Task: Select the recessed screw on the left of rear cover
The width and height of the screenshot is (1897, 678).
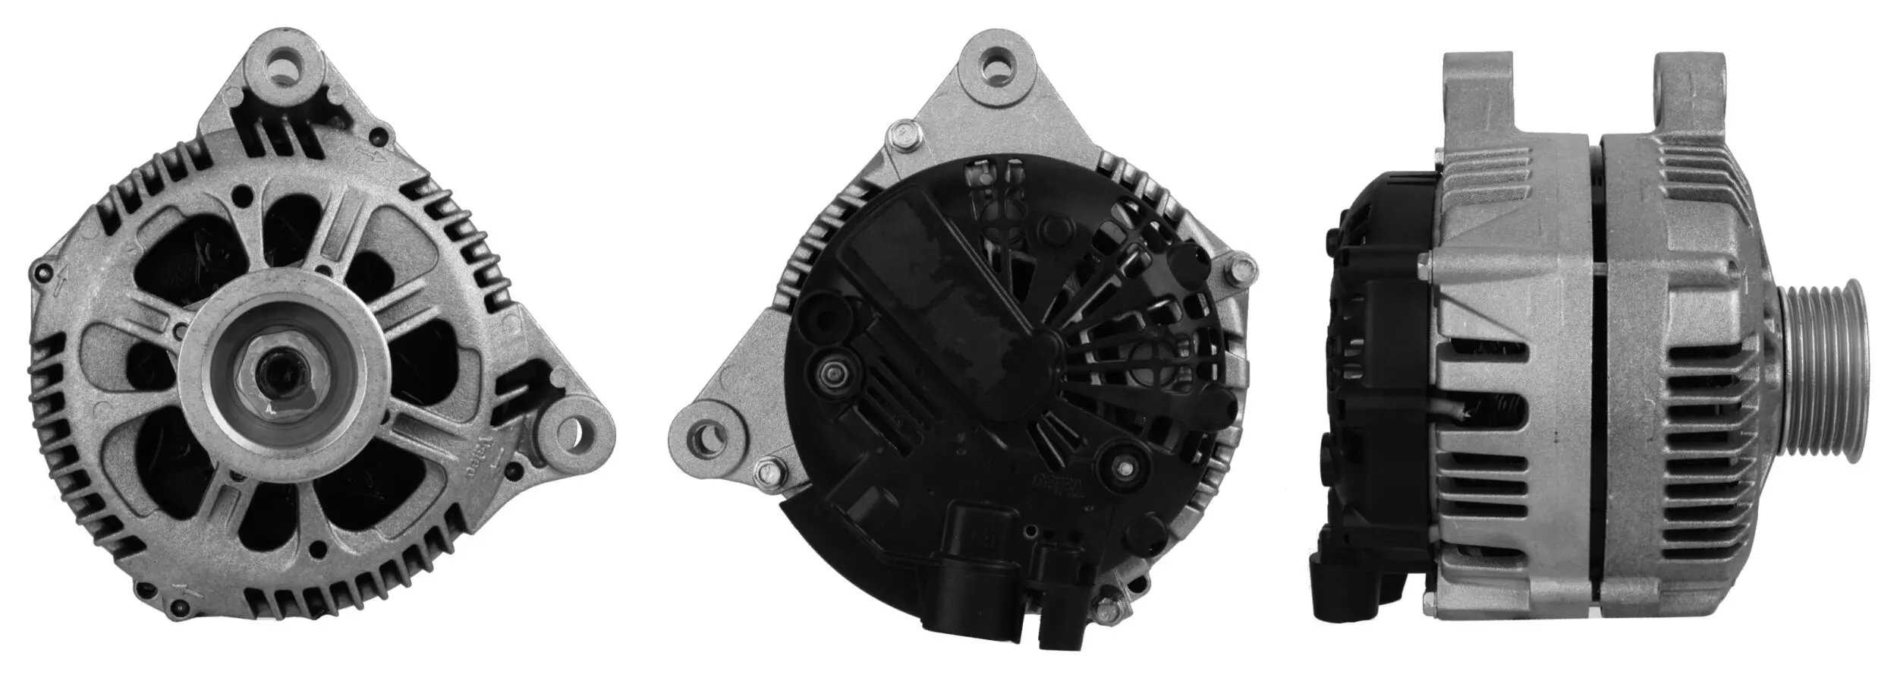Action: click(833, 373)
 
